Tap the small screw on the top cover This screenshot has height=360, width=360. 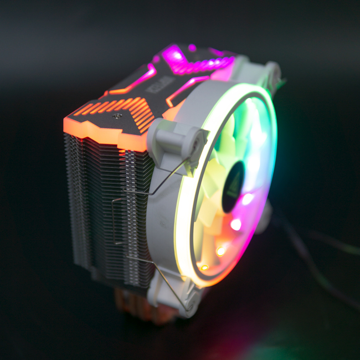117,116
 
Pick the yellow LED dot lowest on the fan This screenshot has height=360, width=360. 204,268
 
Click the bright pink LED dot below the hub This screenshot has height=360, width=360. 236,224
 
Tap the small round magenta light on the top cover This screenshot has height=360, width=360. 192,48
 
